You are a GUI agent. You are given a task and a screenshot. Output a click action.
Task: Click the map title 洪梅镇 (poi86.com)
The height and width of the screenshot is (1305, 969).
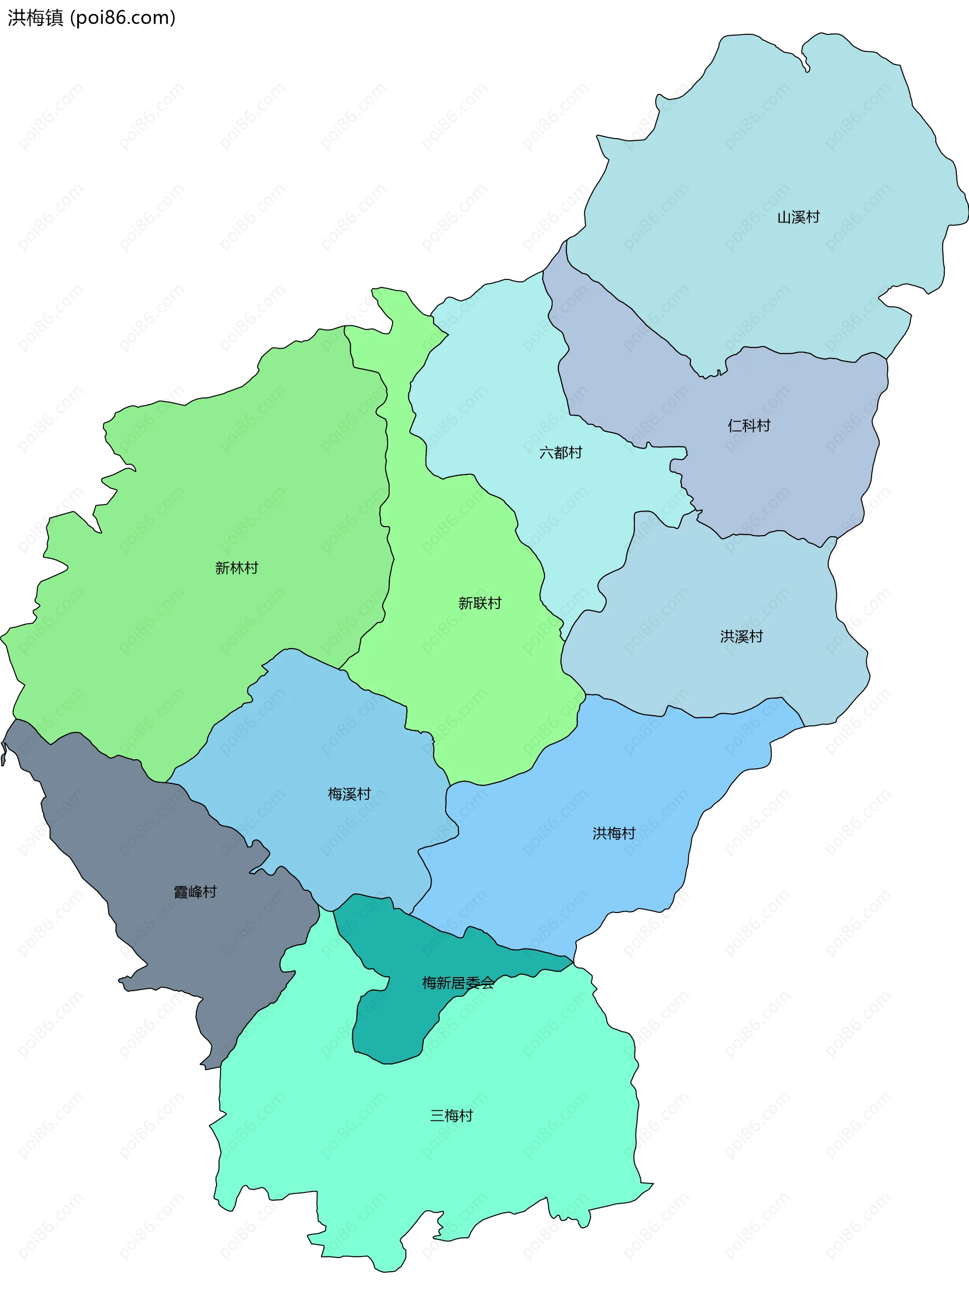(x=91, y=18)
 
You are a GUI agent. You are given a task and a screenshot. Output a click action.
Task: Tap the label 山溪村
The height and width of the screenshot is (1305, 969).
(x=798, y=217)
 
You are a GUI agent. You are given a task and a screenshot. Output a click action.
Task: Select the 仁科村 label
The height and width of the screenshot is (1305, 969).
(x=748, y=426)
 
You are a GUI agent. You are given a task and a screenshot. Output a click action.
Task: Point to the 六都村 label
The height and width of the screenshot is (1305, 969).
(x=560, y=452)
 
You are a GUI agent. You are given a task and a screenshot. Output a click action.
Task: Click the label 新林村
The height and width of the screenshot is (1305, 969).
(x=236, y=568)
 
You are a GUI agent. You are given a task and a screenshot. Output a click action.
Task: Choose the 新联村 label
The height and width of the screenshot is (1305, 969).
(x=480, y=603)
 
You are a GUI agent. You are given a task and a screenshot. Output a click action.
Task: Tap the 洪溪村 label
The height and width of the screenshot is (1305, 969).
(x=741, y=637)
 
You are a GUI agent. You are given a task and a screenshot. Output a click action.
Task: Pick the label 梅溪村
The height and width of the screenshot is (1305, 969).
(x=349, y=794)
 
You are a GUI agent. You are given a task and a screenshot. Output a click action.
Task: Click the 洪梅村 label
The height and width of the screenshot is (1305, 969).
(x=614, y=833)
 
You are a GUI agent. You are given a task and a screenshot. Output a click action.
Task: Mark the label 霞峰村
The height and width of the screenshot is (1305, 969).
(x=195, y=892)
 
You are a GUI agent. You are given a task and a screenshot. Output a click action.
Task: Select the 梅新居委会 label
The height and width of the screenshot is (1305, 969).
(x=458, y=983)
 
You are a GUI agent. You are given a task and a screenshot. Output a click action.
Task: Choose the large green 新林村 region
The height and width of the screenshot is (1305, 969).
(x=205, y=498)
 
